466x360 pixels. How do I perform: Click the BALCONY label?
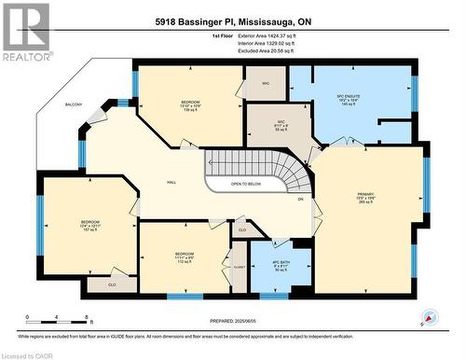click(75, 104)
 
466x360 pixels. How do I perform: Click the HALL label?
click(172, 183)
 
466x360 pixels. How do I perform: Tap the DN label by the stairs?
click(300, 200)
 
